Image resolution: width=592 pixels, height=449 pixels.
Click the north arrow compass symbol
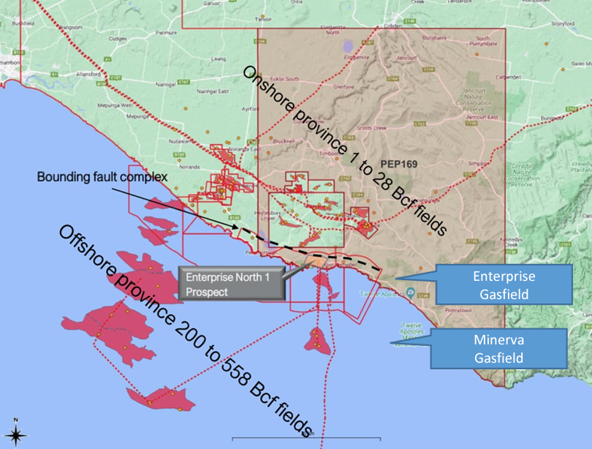pos(17,433)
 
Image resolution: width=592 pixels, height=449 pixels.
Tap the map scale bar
pos(306,438)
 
